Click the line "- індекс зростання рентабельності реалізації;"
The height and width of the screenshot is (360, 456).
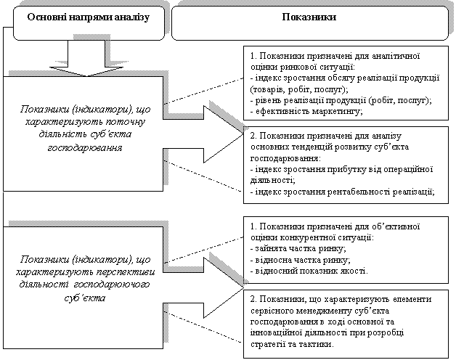click(341, 192)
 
